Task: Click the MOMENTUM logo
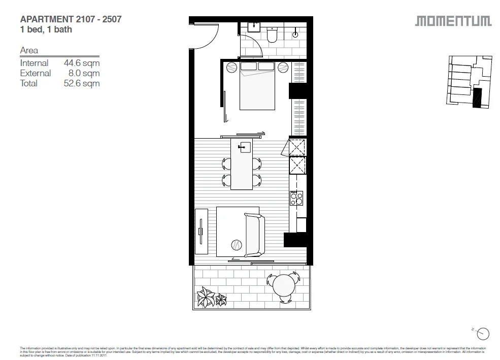click(x=453, y=21)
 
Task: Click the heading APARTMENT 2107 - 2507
click(x=71, y=19)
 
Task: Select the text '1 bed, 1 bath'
click(x=45, y=29)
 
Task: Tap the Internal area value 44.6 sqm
click(x=81, y=63)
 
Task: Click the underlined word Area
click(x=29, y=51)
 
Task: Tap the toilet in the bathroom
click(x=272, y=35)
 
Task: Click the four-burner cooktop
click(x=296, y=198)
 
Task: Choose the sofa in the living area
click(x=254, y=235)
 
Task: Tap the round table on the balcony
click(x=285, y=287)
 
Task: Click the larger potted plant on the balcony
click(x=207, y=297)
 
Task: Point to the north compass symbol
click(x=483, y=334)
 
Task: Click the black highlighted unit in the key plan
click(x=477, y=98)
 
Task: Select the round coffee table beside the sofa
click(x=237, y=245)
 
